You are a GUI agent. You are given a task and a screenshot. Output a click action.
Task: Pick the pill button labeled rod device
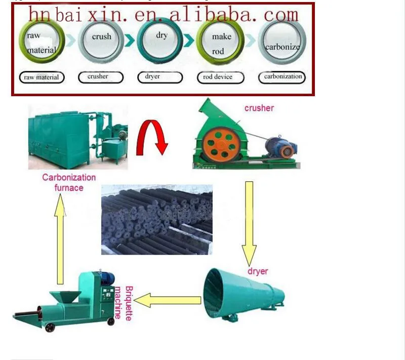(x=220, y=77)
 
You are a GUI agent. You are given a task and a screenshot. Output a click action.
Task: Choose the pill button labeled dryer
(x=160, y=77)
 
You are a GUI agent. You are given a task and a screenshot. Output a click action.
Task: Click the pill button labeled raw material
(x=42, y=77)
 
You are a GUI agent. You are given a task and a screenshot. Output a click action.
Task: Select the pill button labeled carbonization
(x=282, y=77)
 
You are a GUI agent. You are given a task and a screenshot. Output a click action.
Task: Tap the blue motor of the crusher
(x=281, y=147)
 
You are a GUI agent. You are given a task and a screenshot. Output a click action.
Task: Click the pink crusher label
(x=259, y=108)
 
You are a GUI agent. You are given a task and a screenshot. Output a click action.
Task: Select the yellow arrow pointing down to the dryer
(x=249, y=223)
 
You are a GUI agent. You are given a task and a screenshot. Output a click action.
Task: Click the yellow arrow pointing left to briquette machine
(x=168, y=300)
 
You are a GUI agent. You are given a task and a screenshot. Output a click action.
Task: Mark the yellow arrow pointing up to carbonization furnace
(x=60, y=239)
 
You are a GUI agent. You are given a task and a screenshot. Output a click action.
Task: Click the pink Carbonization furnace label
(x=69, y=183)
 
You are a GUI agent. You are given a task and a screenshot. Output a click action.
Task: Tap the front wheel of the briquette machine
(x=50, y=327)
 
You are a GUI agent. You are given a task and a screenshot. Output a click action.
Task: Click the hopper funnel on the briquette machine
(x=65, y=297)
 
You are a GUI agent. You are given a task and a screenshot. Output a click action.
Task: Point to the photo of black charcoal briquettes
(x=157, y=220)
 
